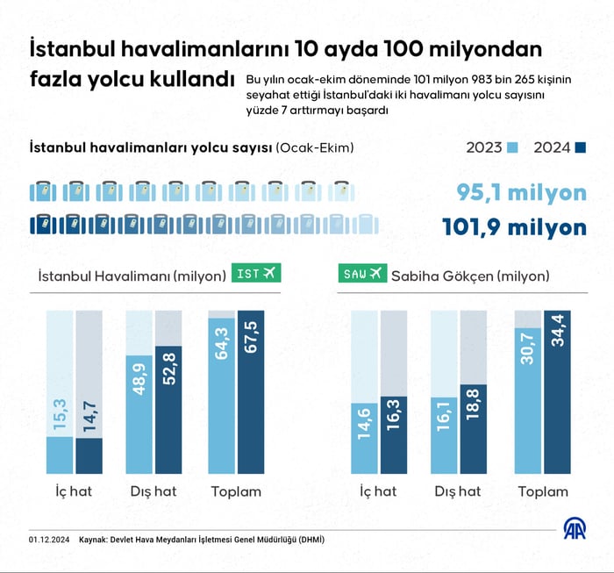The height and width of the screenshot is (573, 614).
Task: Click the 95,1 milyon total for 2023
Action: pyautogui.click(x=521, y=193)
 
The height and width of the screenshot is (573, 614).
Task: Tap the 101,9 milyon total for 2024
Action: pyautogui.click(x=513, y=227)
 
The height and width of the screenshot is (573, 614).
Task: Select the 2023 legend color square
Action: pyautogui.click(x=515, y=147)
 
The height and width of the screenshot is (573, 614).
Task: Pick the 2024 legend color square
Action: pyautogui.click(x=581, y=147)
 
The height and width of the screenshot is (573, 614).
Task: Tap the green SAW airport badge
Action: pyautogui.click(x=363, y=274)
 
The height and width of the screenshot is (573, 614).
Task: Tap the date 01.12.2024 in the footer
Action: pyautogui.click(x=48, y=539)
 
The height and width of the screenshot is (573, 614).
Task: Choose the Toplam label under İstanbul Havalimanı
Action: pyautogui.click(x=235, y=491)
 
